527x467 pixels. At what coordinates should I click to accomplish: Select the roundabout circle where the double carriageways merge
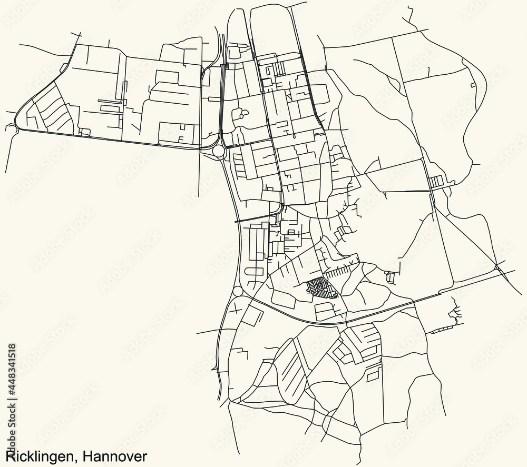point(218,152)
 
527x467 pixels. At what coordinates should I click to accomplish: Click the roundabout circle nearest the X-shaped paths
point(238,291)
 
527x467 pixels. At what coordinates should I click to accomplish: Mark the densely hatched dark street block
point(318,287)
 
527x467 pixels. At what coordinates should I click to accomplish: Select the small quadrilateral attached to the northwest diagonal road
point(63,67)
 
